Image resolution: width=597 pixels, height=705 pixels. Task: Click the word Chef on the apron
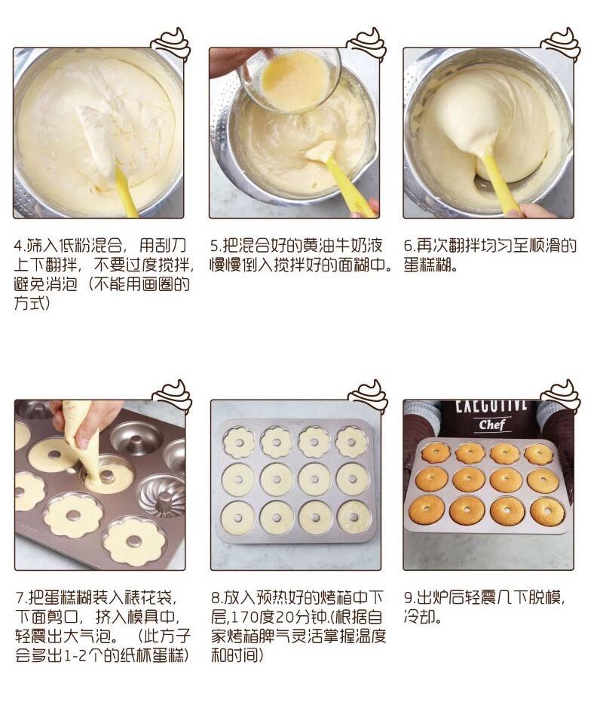tap(491, 424)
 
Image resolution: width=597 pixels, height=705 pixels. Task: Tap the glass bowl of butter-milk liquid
tap(291, 80)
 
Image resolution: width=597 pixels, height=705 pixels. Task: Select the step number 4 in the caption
tap(18, 246)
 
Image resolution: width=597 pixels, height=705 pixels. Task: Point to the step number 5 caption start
tap(214, 246)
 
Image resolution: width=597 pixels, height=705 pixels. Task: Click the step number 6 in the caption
tap(408, 246)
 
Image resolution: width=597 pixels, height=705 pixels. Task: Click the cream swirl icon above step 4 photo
tap(171, 43)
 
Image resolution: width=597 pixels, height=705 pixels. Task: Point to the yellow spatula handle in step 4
tap(127, 192)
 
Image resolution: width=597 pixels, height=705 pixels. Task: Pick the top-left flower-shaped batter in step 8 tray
tap(239, 443)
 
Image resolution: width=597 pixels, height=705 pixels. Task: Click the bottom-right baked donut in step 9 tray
tap(547, 510)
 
